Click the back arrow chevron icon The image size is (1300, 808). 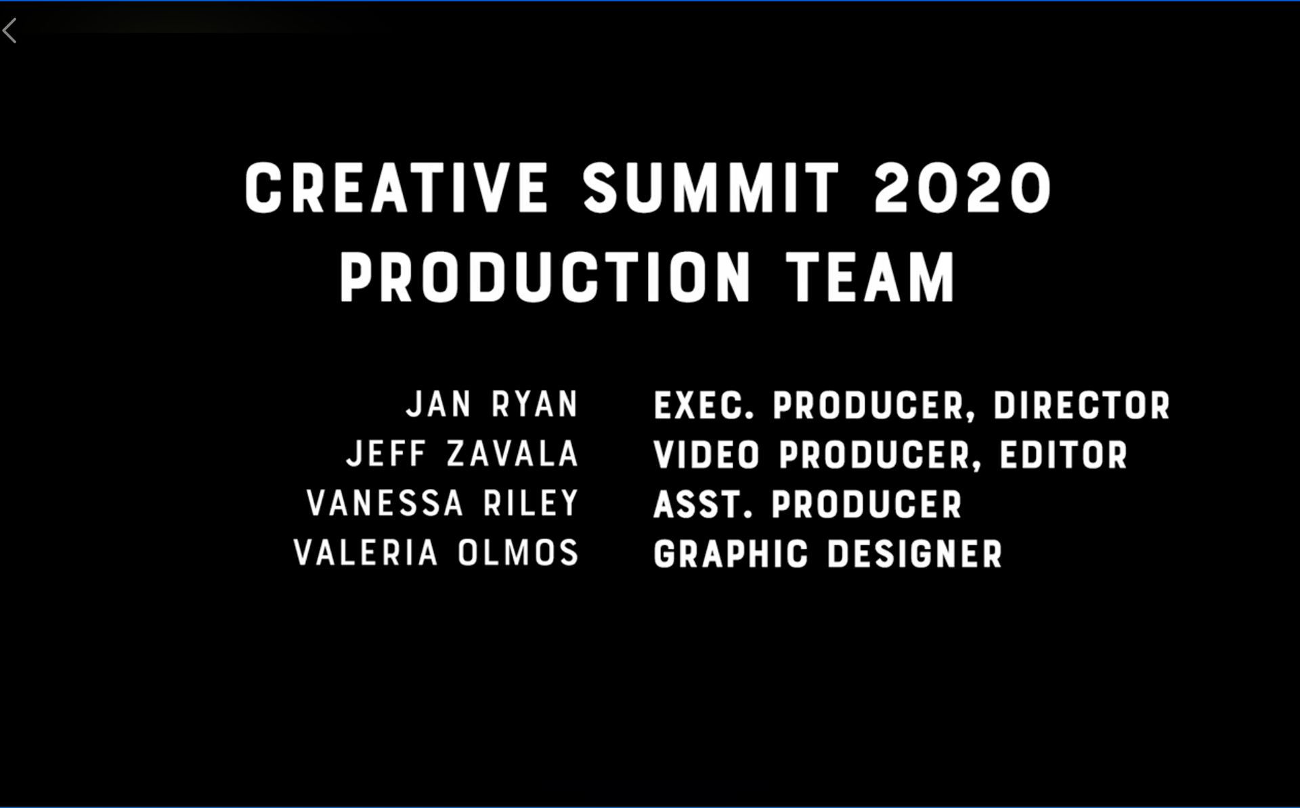(x=9, y=31)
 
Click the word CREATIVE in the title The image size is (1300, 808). (x=396, y=188)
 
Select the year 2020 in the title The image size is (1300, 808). (x=963, y=188)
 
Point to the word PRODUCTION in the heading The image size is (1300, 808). (x=545, y=277)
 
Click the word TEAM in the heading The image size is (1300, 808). (x=871, y=277)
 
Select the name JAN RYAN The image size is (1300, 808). (x=492, y=404)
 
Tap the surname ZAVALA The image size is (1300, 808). (x=513, y=453)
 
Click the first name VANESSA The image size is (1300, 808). (x=385, y=503)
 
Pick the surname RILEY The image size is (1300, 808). (x=531, y=503)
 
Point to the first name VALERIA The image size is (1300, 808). (x=366, y=552)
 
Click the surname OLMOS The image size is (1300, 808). (x=518, y=552)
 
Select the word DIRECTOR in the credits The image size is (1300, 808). (x=1081, y=405)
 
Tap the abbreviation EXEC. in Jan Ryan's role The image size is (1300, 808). (x=704, y=405)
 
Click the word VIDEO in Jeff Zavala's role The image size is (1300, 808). (x=707, y=454)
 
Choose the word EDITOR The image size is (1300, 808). (x=1064, y=454)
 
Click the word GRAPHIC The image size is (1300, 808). (x=731, y=554)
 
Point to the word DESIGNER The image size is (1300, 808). (x=915, y=554)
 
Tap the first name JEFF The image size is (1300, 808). (x=387, y=453)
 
